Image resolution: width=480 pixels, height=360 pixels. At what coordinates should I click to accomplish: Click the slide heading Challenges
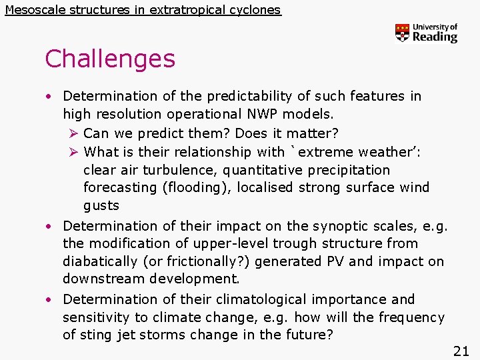[110, 59]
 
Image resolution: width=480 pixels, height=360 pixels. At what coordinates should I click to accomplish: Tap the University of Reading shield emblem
[402, 33]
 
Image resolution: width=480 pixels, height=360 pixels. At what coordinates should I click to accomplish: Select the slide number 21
[461, 351]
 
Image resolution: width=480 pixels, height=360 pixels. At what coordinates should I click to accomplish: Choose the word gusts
[101, 205]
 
